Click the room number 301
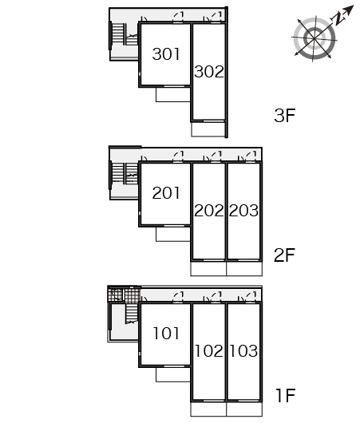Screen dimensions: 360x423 tap(166, 54)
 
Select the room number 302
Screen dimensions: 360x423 tap(209, 72)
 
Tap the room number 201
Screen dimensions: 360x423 tap(166, 193)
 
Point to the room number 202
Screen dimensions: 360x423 tap(209, 211)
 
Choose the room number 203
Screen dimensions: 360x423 tap(243, 211)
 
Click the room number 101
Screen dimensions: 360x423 tap(166, 333)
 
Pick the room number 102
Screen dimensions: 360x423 tap(209, 350)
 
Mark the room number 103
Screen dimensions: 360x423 tap(243, 350)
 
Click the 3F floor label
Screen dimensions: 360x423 tap(285, 116)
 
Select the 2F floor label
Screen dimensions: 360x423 tap(285, 255)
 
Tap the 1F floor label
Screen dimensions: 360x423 tap(286, 396)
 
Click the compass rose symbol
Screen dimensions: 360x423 tap(315, 39)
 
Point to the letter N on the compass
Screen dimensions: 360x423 tap(338, 19)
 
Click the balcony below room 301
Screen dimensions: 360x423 tap(173, 94)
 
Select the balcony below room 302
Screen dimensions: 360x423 tap(208, 129)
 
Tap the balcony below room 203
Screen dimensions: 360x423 tap(244, 269)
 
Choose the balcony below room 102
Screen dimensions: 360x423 tap(208, 409)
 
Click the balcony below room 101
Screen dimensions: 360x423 tap(173, 374)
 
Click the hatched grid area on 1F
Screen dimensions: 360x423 tap(125, 295)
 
